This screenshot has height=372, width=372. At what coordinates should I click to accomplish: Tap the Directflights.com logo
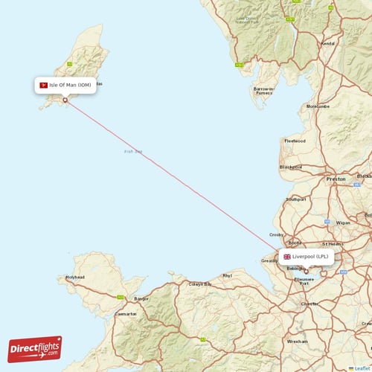coord(35,348)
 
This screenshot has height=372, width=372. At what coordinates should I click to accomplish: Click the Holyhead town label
coord(75,278)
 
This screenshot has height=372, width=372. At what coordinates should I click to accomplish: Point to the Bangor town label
coord(141,299)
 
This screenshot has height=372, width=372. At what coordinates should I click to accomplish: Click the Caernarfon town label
coord(125,314)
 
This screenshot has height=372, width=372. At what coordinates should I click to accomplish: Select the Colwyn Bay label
coord(199,284)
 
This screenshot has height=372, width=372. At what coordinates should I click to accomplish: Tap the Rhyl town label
coord(228,275)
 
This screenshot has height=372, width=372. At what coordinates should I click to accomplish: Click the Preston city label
coord(336,179)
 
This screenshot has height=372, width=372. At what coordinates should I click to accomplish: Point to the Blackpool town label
coord(290,167)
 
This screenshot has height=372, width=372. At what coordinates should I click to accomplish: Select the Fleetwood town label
coord(295,140)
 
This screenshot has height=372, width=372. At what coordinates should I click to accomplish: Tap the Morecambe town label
coord(318,106)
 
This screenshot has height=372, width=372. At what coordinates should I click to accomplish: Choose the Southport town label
coord(295,199)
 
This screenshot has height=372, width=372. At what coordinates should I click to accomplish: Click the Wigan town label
coord(343,222)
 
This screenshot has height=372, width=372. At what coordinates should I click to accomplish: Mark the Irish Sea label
coord(133,152)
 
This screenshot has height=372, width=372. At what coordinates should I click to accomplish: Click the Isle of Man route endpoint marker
coord(65,99)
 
